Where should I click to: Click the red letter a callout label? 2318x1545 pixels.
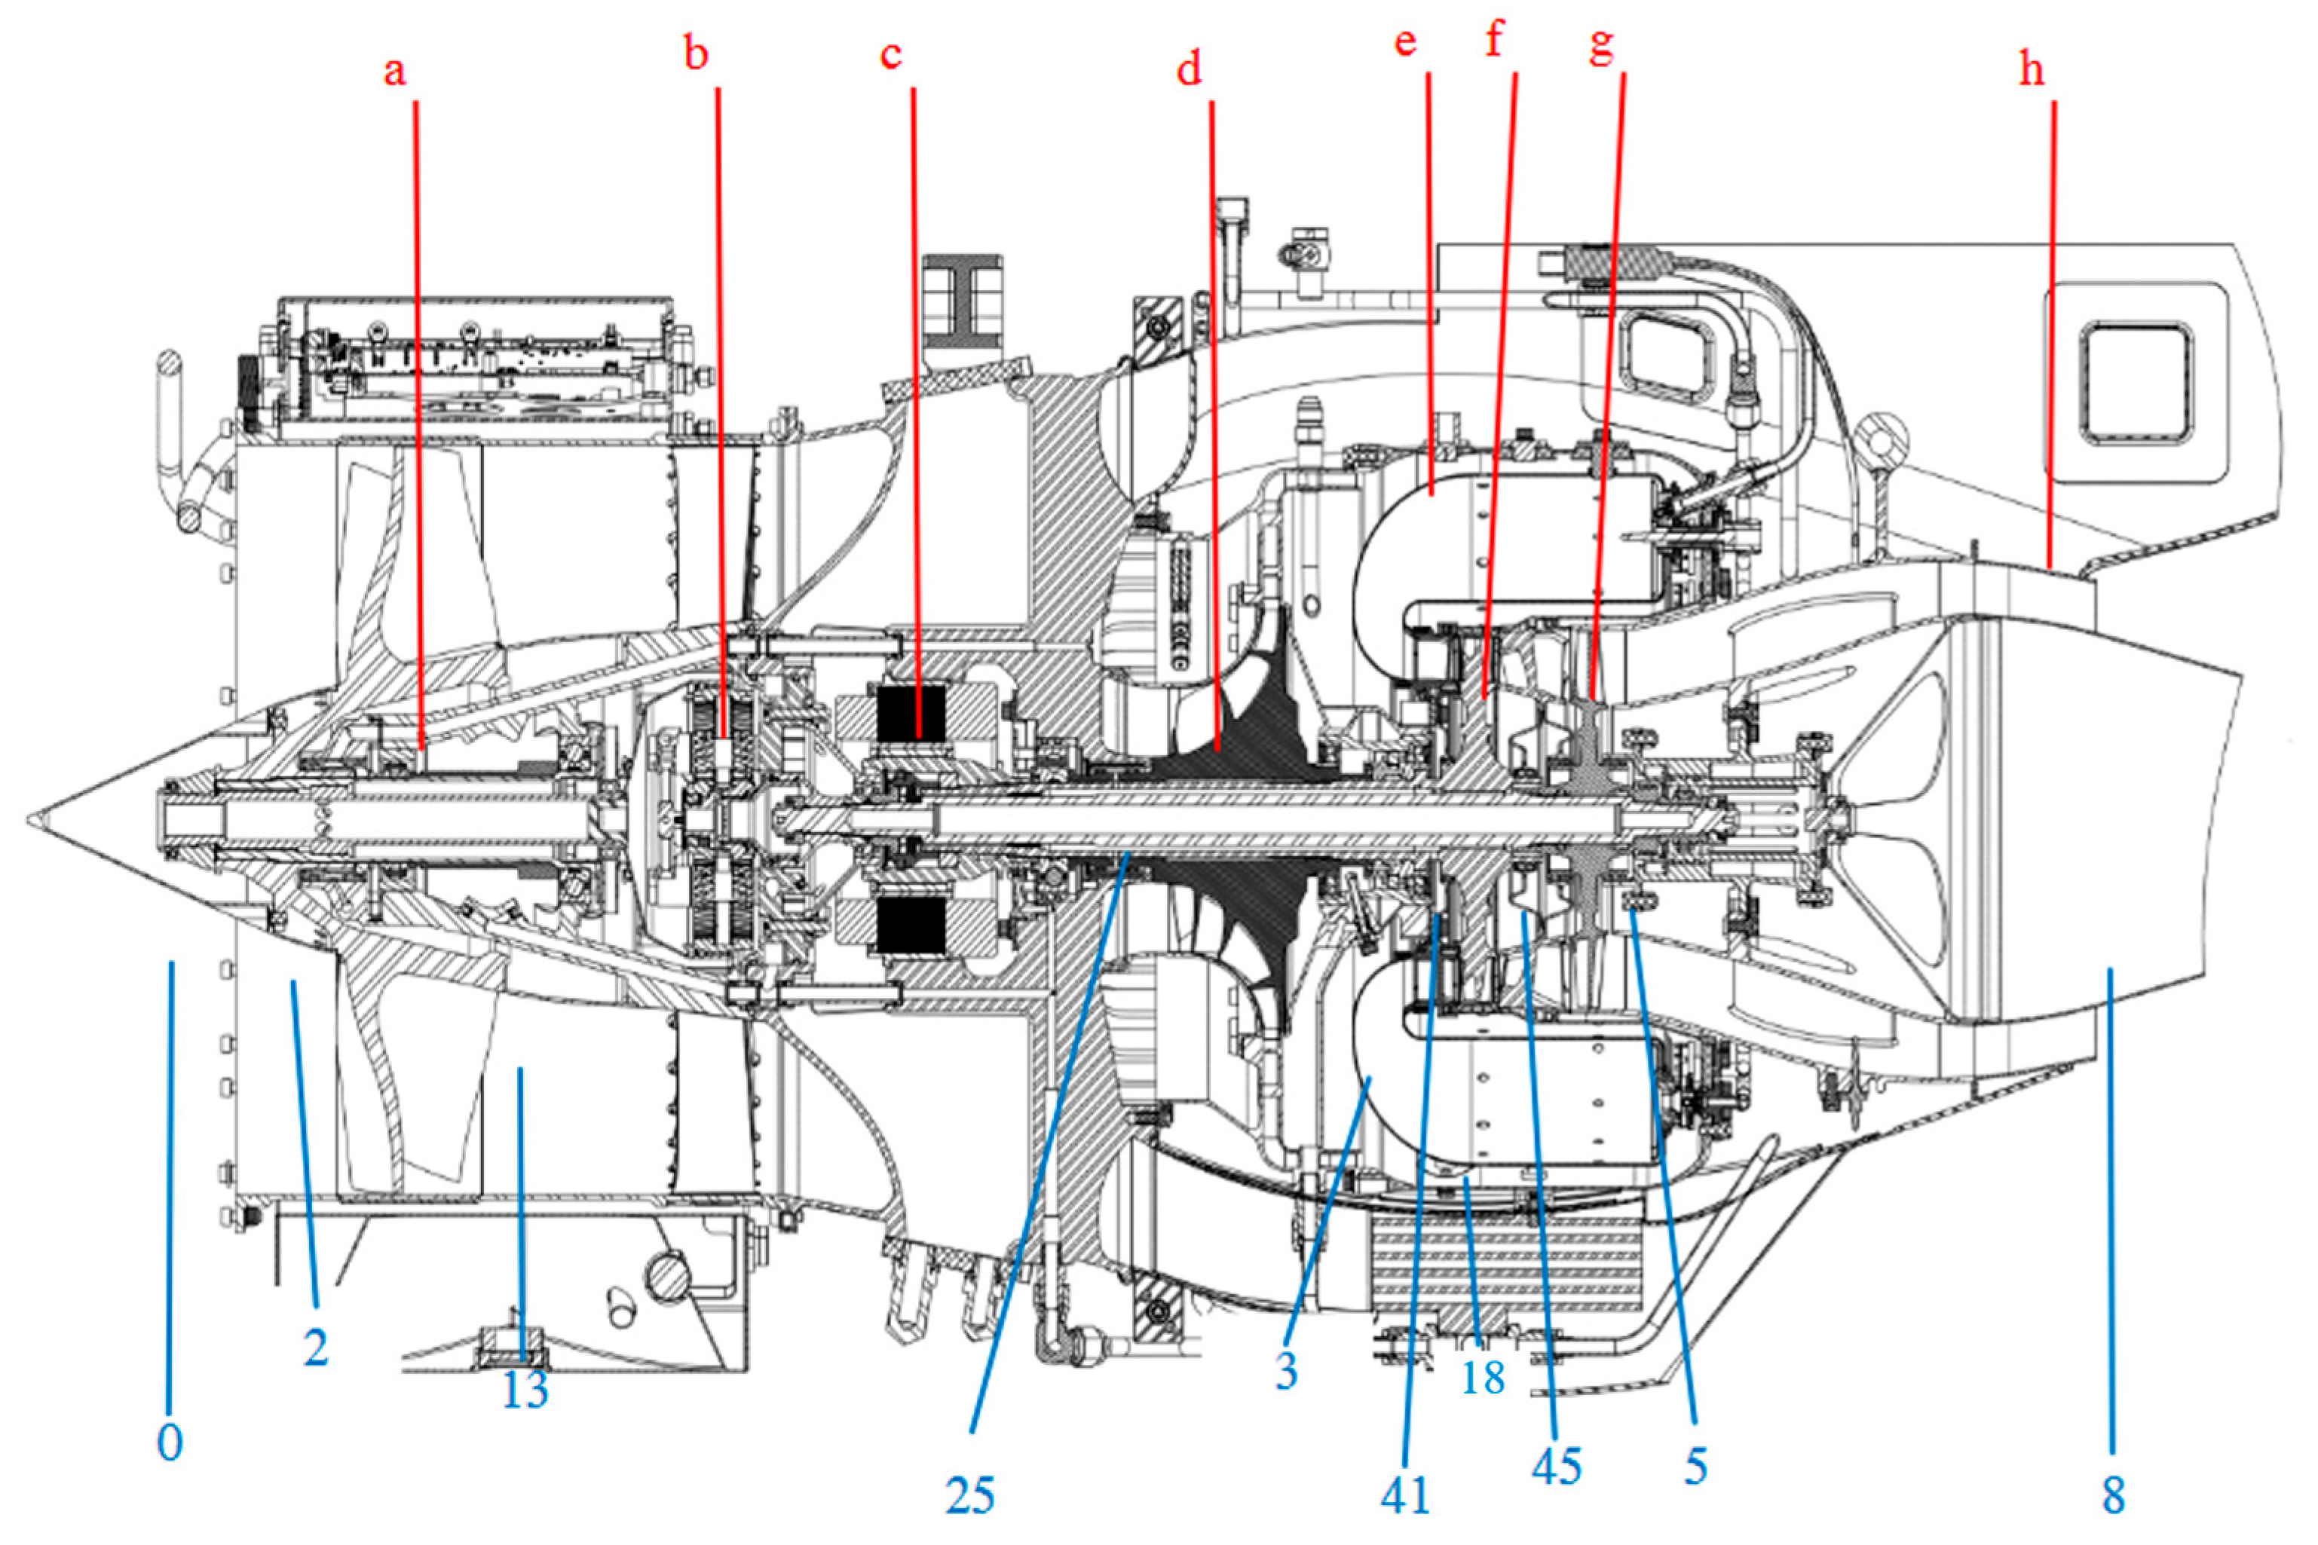tap(394, 72)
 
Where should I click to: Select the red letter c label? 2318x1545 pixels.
tap(891, 55)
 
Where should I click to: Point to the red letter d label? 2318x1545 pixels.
tap(1190, 70)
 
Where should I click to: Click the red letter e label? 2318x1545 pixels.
tap(1405, 42)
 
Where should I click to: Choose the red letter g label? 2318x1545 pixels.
tap(1603, 45)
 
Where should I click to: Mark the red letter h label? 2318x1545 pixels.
tap(2032, 70)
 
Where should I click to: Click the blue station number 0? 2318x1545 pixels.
tap(170, 1443)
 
